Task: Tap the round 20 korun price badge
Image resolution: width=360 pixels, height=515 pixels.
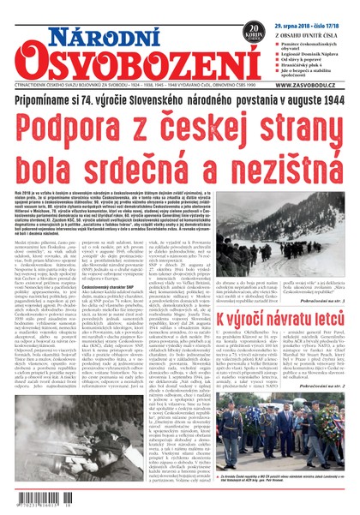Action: (x=255, y=31)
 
